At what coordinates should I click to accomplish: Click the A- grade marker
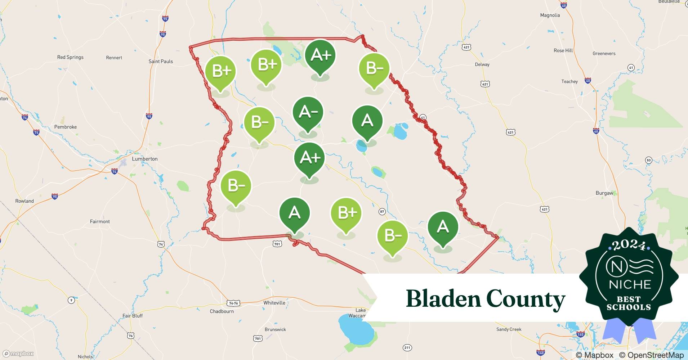308,113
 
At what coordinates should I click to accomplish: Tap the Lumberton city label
144,159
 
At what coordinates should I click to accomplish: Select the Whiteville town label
274,303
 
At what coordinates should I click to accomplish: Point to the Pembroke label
65,127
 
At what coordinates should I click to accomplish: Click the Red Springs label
70,57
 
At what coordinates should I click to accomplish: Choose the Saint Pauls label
161,61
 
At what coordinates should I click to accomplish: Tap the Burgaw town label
604,193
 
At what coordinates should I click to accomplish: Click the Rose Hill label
563,50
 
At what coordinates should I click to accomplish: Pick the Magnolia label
550,15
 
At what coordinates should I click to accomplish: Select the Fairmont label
100,221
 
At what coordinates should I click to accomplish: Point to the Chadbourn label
222,311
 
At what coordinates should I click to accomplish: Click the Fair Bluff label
132,316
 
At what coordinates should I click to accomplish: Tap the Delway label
482,64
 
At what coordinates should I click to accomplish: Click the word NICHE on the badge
630,285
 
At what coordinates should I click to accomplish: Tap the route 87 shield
382,212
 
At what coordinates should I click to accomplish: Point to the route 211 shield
407,347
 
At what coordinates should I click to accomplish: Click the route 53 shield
648,160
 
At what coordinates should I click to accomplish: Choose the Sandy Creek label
509,329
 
